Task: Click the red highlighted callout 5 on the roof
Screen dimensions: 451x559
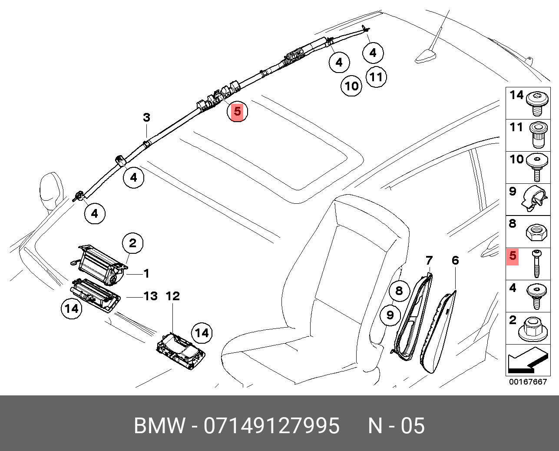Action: (237, 112)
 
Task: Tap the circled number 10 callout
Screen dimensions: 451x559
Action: (351, 86)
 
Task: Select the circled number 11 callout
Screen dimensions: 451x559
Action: (376, 77)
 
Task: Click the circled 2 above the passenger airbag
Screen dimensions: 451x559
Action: (132, 243)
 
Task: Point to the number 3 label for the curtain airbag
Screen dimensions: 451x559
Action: (146, 117)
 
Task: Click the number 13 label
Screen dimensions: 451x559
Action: (150, 296)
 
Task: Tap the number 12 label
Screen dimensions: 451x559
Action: (172, 296)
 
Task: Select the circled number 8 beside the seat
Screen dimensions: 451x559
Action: (399, 291)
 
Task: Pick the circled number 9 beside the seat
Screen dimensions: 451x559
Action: (390, 314)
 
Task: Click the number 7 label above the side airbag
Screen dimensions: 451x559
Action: (429, 261)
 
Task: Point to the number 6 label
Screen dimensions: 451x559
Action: (455, 261)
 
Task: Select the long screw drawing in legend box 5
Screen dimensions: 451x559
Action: (537, 264)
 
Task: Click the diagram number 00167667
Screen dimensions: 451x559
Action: (528, 382)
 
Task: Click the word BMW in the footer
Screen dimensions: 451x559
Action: (159, 426)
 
